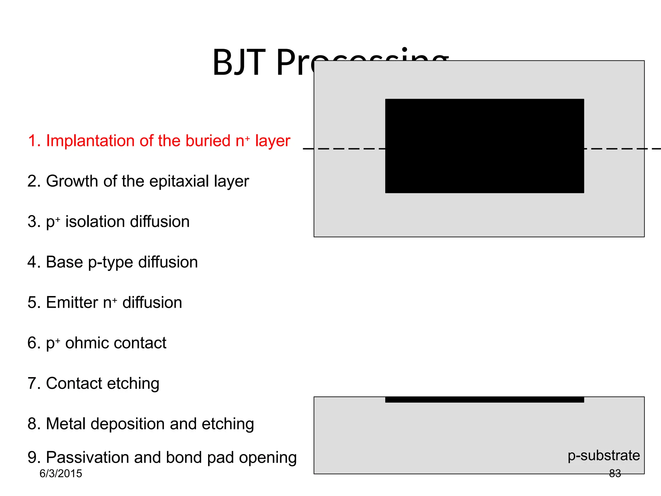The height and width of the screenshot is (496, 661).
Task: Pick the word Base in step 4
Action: coord(64,262)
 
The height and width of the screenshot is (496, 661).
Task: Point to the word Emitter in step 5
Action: coord(72,303)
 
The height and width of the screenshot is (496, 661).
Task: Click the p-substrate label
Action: coord(604,456)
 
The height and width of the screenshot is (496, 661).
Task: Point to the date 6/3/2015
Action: coord(61,474)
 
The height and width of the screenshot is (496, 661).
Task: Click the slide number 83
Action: coord(615,473)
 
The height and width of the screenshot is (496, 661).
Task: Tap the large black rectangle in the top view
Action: coord(484,146)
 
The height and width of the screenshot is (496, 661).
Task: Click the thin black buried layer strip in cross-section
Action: coord(484,399)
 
